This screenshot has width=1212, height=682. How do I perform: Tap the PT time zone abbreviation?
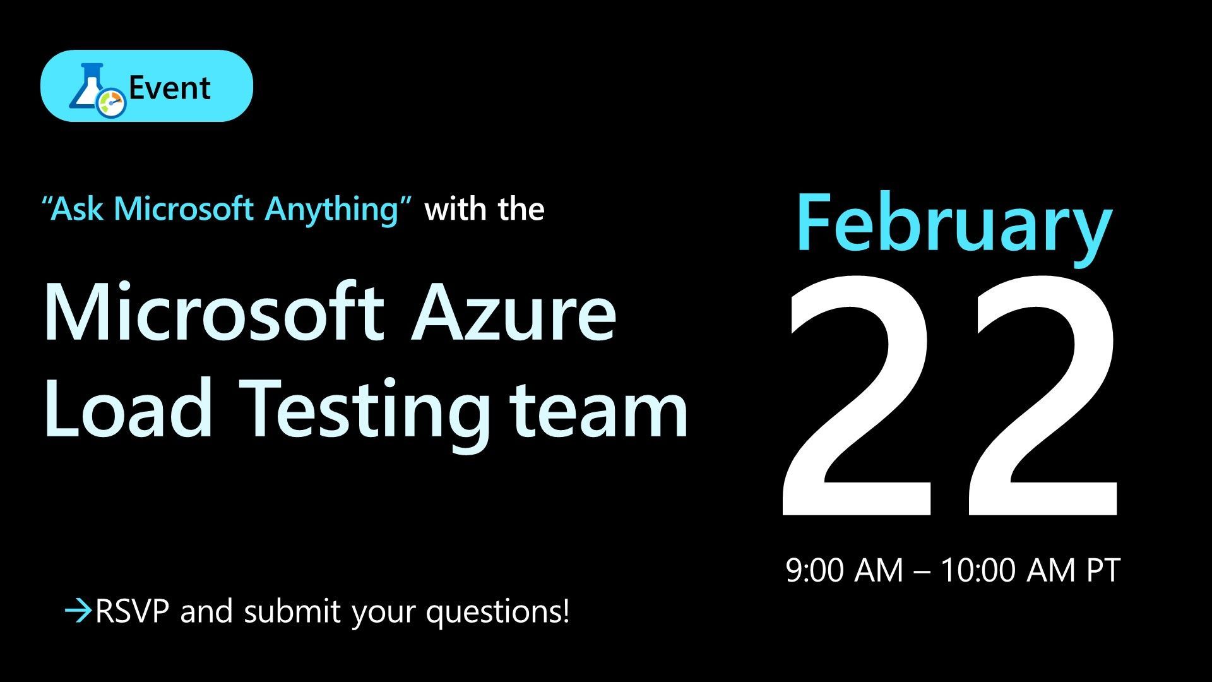1103,571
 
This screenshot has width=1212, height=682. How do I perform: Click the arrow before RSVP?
79,612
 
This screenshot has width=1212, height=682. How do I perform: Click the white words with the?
484,208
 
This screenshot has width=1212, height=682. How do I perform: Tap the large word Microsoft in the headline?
214,312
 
